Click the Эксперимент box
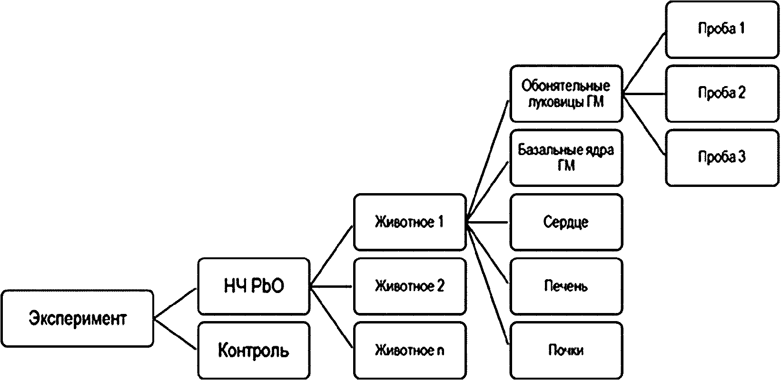[78, 319]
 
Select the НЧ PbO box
[254, 286]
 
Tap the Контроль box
[254, 351]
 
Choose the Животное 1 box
[410, 223]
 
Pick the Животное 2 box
[410, 286]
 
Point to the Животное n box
[410, 351]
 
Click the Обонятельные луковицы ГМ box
[566, 93]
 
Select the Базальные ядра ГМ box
[566, 158]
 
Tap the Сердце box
[566, 223]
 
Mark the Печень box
[566, 286]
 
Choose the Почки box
[566, 351]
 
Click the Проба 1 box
[722, 29]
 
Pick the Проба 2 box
[722, 93]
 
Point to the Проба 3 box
[722, 158]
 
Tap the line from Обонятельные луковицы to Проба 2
[644, 94]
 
